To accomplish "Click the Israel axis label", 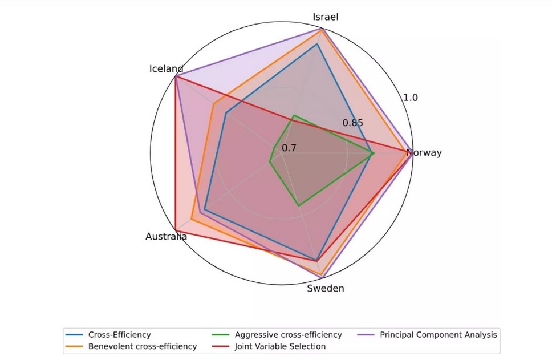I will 326,17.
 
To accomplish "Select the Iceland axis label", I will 166,69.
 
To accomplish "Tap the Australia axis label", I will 166,236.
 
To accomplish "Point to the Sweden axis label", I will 326,288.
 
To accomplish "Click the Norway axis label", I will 424,153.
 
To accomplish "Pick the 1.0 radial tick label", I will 411,98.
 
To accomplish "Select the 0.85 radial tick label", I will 352,123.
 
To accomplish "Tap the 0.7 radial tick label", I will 289,148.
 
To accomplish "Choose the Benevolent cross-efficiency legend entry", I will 142,346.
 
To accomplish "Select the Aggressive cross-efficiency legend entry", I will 288,335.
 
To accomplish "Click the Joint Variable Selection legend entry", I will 280,346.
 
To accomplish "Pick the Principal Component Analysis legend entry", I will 439,335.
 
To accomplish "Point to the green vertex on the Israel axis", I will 293,116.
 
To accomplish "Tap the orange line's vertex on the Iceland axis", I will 213,104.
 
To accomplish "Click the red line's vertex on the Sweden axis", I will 316,261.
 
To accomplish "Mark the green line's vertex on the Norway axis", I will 372,153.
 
